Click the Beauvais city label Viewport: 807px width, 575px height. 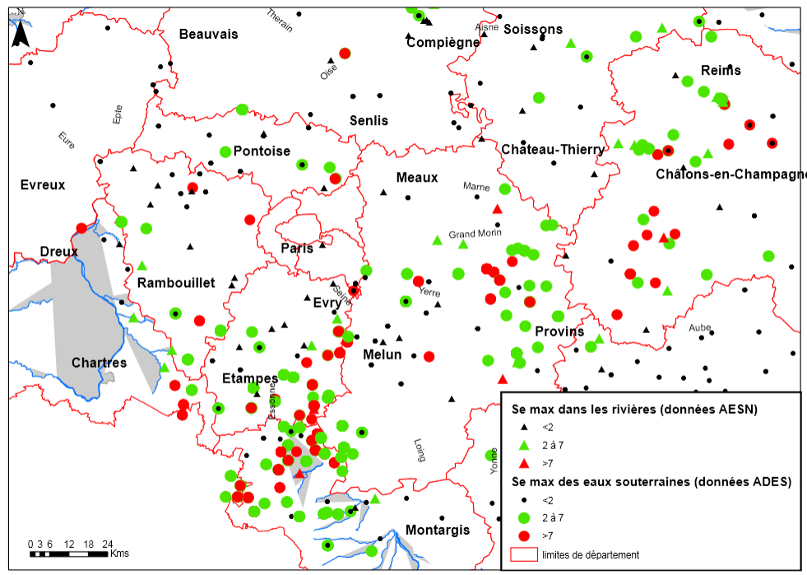coord(208,34)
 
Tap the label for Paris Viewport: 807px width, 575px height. coord(297,248)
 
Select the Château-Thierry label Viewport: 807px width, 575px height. coord(552,149)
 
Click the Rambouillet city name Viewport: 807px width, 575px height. coord(176,283)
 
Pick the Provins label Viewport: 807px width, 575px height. coord(559,332)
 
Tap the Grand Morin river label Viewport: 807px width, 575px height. coord(475,234)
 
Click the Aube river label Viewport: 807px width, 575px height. coord(700,327)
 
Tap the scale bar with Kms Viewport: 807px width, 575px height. coord(69,554)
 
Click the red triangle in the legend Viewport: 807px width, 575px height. coord(523,463)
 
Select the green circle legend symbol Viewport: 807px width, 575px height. coord(523,518)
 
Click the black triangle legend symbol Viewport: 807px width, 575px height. coord(523,427)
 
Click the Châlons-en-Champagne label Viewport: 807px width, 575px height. coord(730,174)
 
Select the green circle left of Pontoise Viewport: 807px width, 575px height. coord(225,151)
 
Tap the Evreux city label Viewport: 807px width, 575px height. coord(43,184)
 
